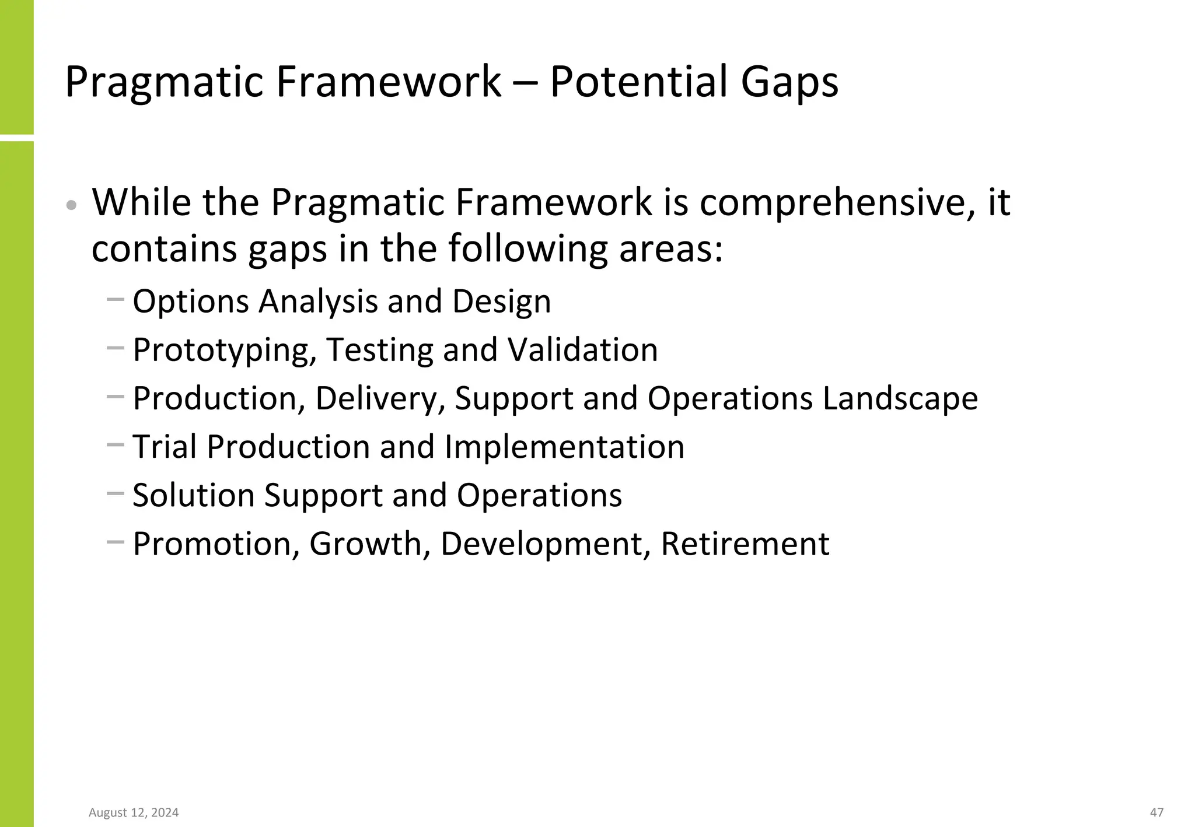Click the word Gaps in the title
pyautogui.click(x=789, y=82)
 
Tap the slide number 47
pyautogui.click(x=1156, y=812)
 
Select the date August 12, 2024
pyautogui.click(x=134, y=812)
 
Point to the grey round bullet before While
pyautogui.click(x=71, y=205)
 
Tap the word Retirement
pyautogui.click(x=745, y=544)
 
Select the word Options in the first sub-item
pyautogui.click(x=191, y=302)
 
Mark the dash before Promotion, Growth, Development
pyautogui.click(x=116, y=542)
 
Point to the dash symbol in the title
pyautogui.click(x=525, y=83)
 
